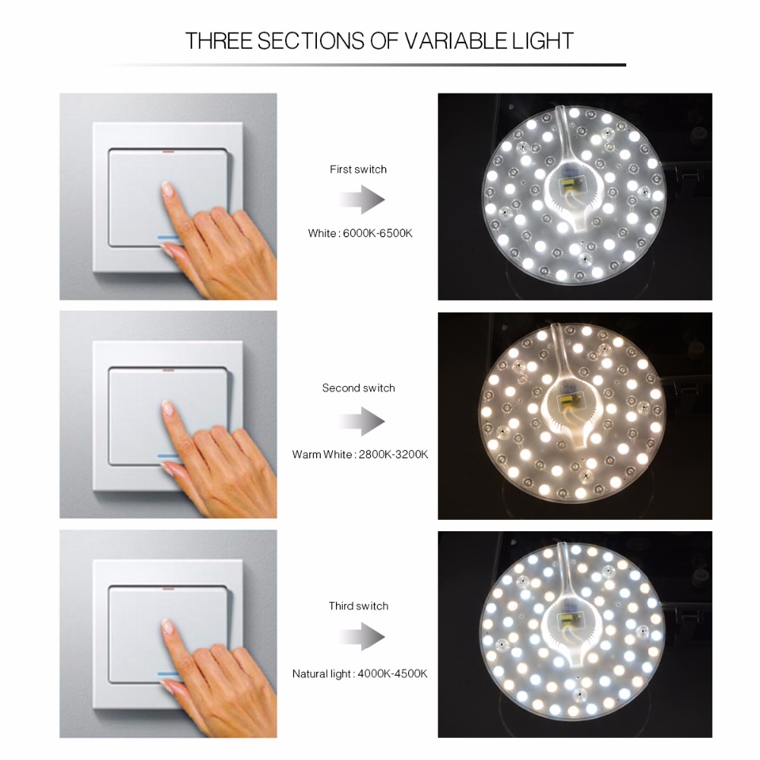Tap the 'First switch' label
tap(358, 169)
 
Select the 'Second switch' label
tap(359, 388)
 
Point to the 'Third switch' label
tap(359, 606)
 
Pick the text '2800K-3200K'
tap(392, 454)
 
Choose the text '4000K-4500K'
tap(392, 673)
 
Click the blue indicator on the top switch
tap(169, 236)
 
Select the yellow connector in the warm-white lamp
tap(566, 401)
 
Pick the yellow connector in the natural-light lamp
tap(567, 619)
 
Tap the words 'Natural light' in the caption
tap(322, 673)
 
